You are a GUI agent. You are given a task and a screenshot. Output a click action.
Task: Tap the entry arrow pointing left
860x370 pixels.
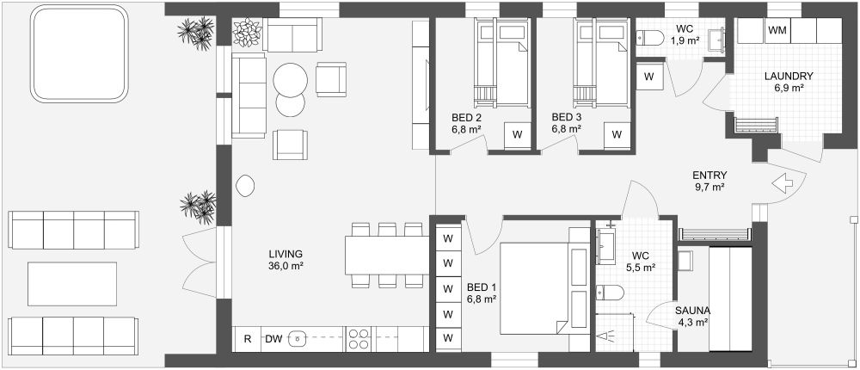[782, 183]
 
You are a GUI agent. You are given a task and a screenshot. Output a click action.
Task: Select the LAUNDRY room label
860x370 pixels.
[788, 76]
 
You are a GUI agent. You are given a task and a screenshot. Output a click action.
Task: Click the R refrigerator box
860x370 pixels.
[248, 339]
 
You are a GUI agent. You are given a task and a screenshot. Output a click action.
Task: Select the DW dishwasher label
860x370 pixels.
[273, 339]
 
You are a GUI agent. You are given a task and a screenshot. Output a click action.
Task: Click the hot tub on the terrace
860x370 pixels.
[79, 53]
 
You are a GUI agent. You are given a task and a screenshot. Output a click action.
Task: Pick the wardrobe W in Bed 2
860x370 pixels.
[518, 135]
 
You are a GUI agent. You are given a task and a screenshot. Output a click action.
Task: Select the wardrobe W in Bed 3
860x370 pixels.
[617, 135]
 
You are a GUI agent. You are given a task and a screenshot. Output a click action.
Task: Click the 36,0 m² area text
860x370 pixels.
[286, 266]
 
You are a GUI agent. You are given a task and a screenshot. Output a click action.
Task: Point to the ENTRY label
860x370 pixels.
[709, 175]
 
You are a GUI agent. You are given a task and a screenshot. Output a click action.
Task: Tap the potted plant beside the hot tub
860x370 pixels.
[195, 34]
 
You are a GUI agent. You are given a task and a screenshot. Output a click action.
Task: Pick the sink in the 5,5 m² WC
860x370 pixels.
[609, 245]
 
